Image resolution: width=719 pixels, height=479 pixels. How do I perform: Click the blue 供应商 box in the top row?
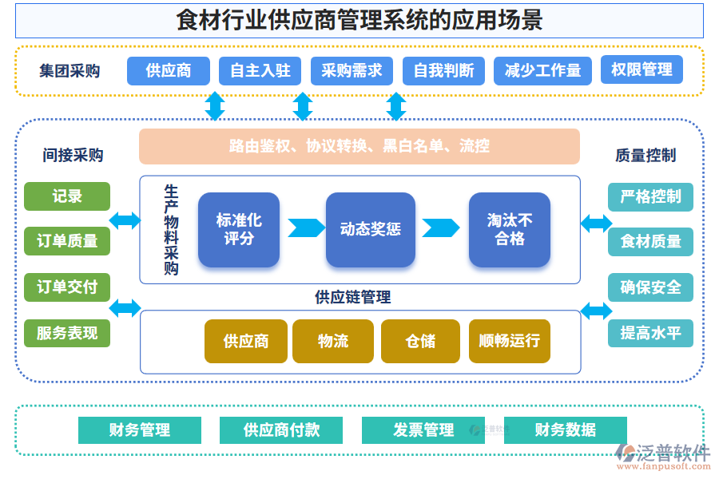(168, 70)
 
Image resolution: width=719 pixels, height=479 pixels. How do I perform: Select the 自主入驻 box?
(260, 70)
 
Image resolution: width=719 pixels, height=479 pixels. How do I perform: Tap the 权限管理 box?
(642, 69)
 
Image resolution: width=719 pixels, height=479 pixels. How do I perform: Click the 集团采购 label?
(70, 70)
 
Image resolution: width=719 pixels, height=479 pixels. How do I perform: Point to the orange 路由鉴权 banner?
(359, 146)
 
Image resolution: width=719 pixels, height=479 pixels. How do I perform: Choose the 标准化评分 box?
(239, 229)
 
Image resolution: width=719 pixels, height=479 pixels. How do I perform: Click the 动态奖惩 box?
(370, 229)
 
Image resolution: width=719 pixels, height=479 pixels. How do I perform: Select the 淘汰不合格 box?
(509, 229)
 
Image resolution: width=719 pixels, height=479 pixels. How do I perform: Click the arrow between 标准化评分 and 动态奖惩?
(305, 228)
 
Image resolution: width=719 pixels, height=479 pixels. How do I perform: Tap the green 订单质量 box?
(67, 240)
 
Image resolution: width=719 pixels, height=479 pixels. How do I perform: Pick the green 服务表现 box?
(67, 333)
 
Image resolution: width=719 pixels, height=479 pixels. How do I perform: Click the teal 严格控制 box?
(650, 196)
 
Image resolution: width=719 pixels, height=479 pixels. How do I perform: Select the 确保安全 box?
(650, 287)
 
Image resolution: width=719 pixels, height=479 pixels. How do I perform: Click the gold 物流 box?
(333, 341)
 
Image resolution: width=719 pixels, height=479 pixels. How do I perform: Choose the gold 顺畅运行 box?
(509, 341)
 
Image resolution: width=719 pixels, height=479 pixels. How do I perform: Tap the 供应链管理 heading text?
(352, 298)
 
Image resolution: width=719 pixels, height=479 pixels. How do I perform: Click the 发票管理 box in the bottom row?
(423, 430)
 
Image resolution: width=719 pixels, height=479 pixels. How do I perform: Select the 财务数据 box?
(565, 430)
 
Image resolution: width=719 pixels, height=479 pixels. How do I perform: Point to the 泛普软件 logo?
(663, 457)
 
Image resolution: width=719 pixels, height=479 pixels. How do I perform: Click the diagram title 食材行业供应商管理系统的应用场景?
(359, 20)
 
